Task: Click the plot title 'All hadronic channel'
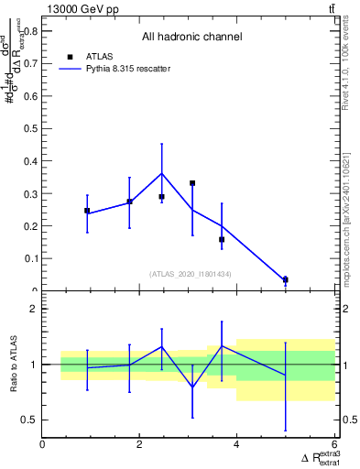point(191,38)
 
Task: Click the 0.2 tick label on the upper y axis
point(30,226)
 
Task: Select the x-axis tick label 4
point(236,445)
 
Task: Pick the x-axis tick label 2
point(139,445)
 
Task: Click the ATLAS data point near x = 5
point(285,279)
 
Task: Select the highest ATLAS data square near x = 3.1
point(192,183)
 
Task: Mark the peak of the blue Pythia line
point(162,173)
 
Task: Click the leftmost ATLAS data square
point(87,211)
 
